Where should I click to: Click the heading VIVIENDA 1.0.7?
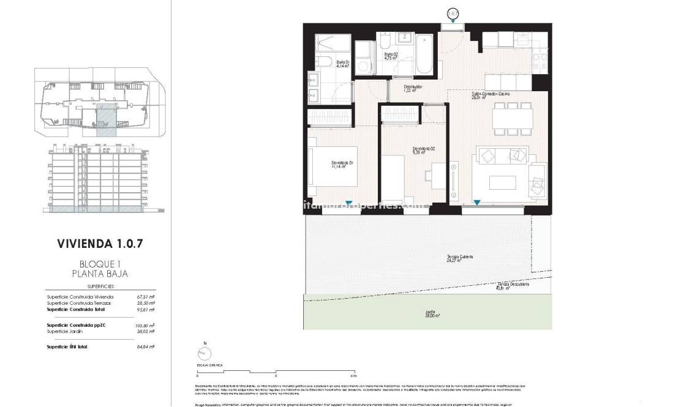click(x=100, y=243)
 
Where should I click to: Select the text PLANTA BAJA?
click(x=100, y=274)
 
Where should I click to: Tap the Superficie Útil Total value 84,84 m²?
click(x=145, y=346)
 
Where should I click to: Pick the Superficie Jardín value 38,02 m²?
click(x=145, y=331)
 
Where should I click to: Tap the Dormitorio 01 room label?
click(x=343, y=163)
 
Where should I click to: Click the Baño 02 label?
click(x=392, y=56)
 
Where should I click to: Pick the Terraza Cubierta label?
click(x=459, y=258)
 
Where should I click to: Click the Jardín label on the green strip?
click(x=431, y=314)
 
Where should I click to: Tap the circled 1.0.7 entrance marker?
click(x=453, y=13)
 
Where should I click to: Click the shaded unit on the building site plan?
click(x=105, y=119)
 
